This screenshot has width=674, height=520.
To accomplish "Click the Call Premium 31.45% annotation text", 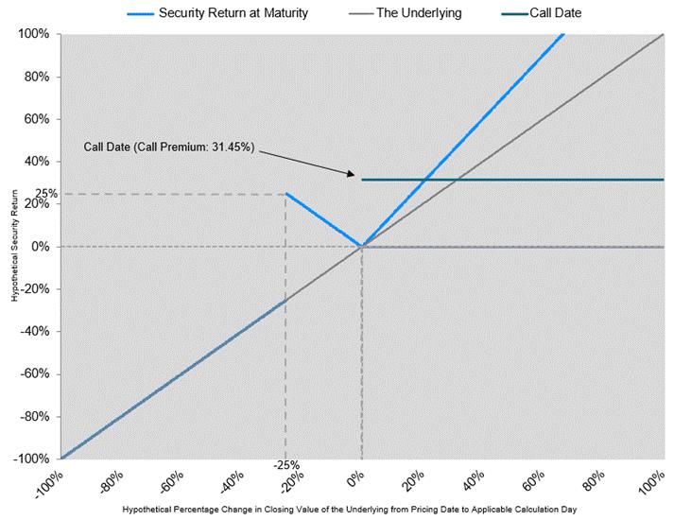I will coord(169,148).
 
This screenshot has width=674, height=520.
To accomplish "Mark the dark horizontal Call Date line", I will coord(510,180).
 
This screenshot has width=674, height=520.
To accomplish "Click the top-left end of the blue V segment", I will coord(286,194).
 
